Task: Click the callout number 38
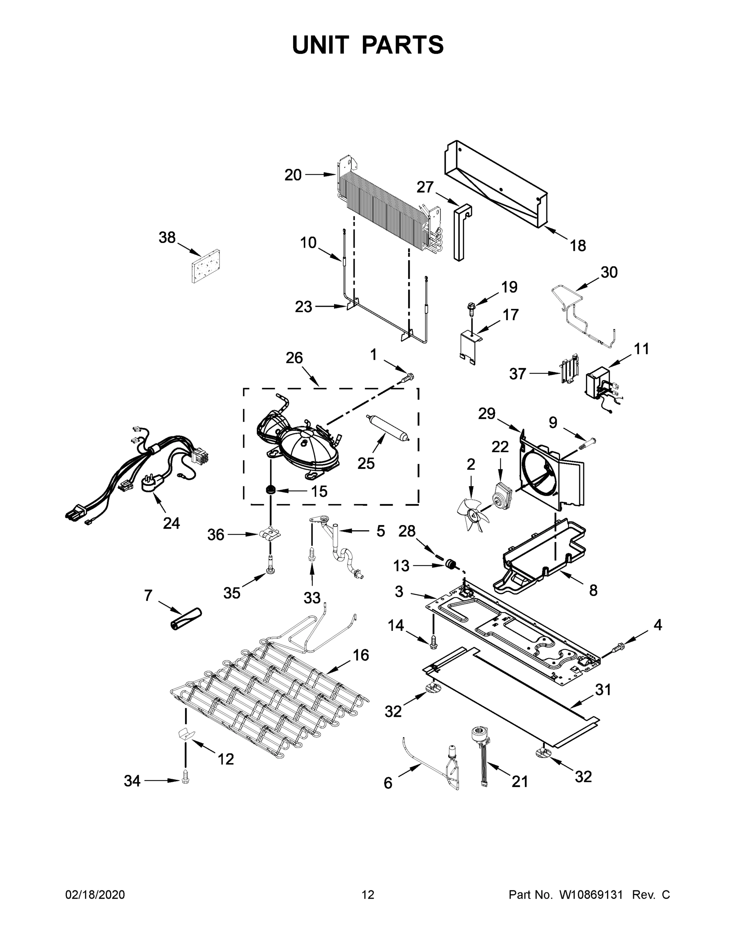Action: click(167, 237)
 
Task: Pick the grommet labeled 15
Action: click(271, 489)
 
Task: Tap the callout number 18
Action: click(578, 246)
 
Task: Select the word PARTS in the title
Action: click(403, 45)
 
